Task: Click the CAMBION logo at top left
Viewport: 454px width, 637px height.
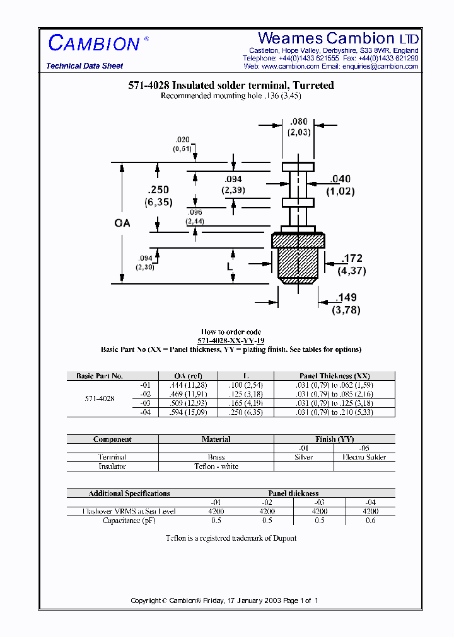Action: (94, 43)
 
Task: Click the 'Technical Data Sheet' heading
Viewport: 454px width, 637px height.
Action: (84, 66)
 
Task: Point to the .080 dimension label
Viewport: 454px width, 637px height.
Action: (299, 122)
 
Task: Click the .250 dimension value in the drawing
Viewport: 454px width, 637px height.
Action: (158, 190)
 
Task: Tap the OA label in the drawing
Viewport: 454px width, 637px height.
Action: (122, 223)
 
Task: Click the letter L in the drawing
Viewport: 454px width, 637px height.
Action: (230, 267)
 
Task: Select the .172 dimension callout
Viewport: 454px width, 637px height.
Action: (352, 259)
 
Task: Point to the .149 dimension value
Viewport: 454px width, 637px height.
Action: (346, 297)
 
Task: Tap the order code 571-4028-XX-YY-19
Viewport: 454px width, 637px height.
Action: (231, 341)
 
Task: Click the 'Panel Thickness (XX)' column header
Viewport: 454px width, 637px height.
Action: (334, 376)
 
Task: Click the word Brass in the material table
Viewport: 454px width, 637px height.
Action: (216, 458)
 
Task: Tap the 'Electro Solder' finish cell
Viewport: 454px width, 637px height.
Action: (364, 458)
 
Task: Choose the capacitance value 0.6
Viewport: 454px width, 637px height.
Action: (370, 521)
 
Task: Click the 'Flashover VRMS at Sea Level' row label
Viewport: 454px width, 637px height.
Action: (129, 512)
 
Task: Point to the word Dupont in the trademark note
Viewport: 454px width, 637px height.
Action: (283, 538)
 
